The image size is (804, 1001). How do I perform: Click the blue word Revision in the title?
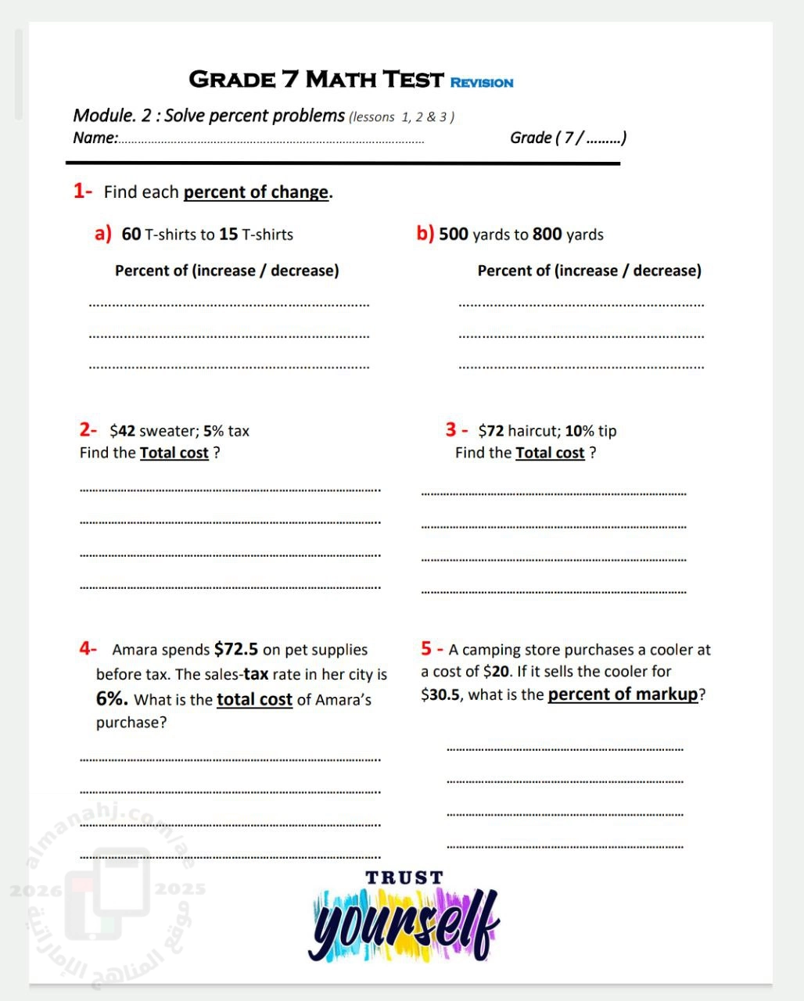[x=482, y=83]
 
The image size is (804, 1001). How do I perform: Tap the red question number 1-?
[x=83, y=191]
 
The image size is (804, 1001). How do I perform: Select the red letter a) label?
[x=102, y=234]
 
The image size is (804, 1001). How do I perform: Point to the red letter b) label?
[x=425, y=234]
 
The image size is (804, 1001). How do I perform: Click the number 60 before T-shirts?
[x=131, y=235]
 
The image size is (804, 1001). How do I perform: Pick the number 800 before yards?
[x=547, y=235]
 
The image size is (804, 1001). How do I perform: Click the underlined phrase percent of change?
[x=256, y=192]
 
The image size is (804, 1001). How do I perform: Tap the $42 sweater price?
[x=123, y=431]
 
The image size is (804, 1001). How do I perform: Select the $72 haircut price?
[x=491, y=431]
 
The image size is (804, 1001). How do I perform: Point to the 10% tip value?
[x=580, y=431]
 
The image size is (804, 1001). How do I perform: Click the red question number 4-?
[x=88, y=648]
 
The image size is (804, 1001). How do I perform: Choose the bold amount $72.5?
[x=235, y=649]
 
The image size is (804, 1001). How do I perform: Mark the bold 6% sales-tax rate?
[x=112, y=699]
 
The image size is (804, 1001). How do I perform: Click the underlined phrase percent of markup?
[x=623, y=694]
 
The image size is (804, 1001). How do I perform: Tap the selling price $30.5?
[x=440, y=694]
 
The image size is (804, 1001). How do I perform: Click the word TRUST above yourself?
[x=404, y=878]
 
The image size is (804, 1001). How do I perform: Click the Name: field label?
[x=95, y=138]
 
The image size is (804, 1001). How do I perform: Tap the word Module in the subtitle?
[x=102, y=116]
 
